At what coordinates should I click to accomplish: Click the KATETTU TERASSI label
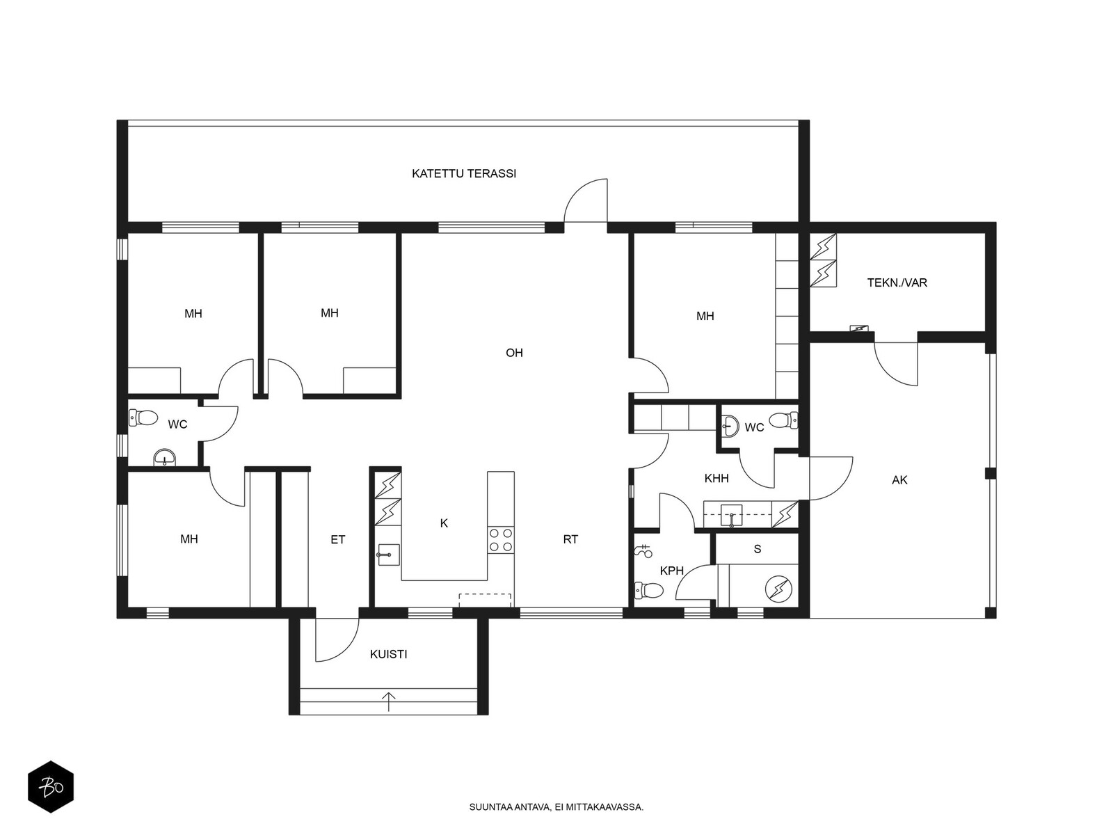463,174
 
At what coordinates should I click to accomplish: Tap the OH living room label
514,353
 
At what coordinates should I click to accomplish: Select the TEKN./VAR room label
897,283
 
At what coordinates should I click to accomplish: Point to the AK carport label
899,480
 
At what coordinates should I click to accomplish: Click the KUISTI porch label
388,655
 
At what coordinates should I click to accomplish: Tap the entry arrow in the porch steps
388,701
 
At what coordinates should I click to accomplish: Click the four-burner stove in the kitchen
500,540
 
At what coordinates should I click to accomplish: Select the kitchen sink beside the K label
388,555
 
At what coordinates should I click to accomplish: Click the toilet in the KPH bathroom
648,590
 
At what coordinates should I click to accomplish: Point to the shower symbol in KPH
643,550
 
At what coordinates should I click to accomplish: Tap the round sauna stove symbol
778,589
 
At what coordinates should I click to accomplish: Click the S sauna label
758,549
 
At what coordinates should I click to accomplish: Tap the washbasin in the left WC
165,458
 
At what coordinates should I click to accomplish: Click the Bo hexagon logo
51,788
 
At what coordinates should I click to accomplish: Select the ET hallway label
337,540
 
